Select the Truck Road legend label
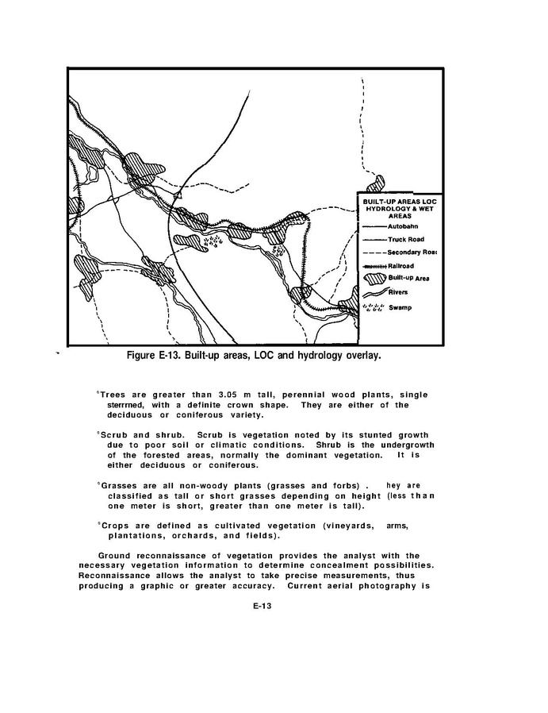pyautogui.click(x=405, y=240)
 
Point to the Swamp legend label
pyautogui.click(x=400, y=308)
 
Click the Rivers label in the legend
pyautogui.click(x=398, y=292)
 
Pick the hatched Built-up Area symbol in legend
pyautogui.click(x=374, y=278)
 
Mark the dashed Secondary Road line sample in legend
pyautogui.click(x=374, y=252)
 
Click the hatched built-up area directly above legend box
pyautogui.click(x=375, y=184)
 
